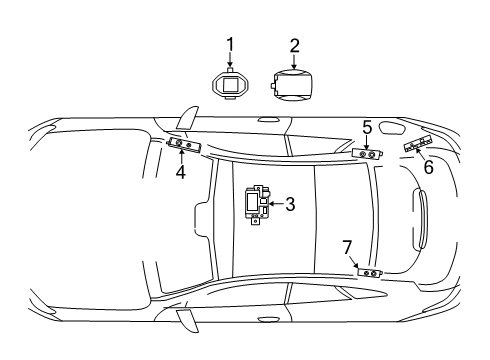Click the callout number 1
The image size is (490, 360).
pos(230,45)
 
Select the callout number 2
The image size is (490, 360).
pos(294,46)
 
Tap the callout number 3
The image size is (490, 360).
pos(290,204)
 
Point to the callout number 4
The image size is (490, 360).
pos(181,172)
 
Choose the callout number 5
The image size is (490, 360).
pos(367,128)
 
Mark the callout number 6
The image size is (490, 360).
pos(428,167)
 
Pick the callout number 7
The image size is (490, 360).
pos(347,247)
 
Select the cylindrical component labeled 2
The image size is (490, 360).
pos(291,84)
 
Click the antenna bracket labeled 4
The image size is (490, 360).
pos(184,145)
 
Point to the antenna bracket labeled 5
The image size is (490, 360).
pos(367,154)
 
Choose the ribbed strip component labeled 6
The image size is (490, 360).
pos(418,143)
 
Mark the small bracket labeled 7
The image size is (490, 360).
pos(370,273)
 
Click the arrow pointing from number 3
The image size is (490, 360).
pos(276,203)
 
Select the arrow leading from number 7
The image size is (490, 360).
pos(354,262)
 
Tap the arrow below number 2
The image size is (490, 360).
pos(294,62)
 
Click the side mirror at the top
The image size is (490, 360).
pos(188,118)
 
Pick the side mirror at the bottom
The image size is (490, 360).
pos(188,321)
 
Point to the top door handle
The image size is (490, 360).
pos(269,120)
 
